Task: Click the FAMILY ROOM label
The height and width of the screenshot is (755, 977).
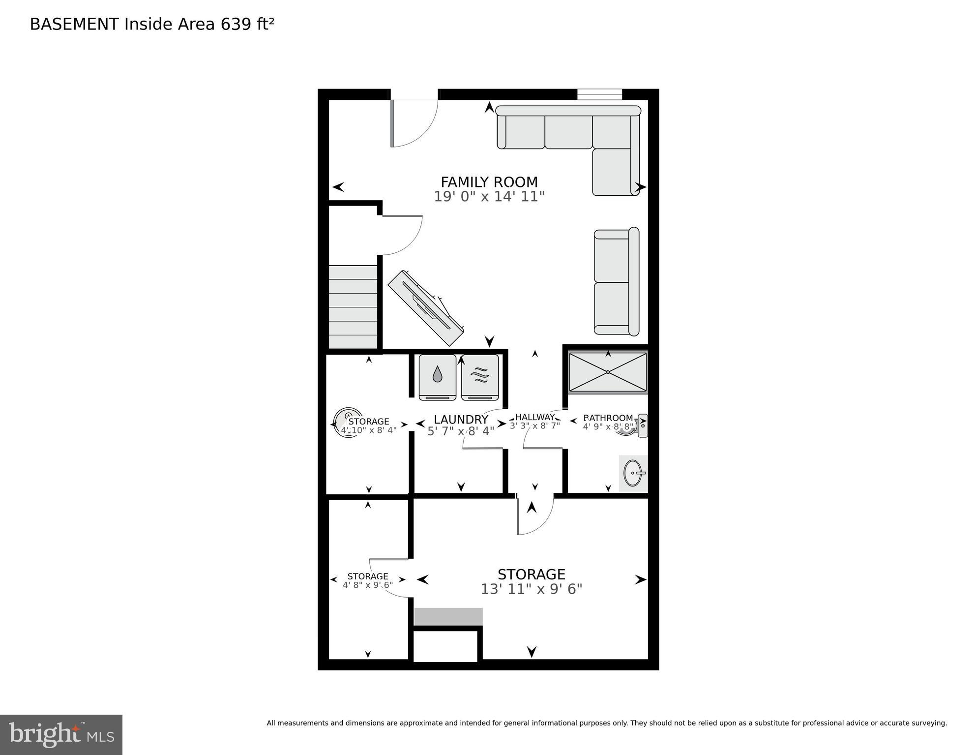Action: tap(489, 181)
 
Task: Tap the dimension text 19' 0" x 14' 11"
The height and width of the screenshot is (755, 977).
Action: tap(489, 197)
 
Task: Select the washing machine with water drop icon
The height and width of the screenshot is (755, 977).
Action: tap(437, 376)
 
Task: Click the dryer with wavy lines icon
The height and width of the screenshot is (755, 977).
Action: tap(480, 376)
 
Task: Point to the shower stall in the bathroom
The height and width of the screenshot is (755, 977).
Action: tap(608, 372)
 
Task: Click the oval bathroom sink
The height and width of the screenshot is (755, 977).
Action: tap(633, 473)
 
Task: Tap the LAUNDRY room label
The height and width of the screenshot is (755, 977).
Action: tap(461, 420)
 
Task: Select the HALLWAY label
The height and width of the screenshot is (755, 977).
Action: tap(534, 417)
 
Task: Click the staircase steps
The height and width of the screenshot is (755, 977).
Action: tap(353, 307)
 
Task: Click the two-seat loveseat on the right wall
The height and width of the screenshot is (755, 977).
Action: tap(616, 282)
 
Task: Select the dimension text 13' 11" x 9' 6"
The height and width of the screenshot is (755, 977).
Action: tap(531, 589)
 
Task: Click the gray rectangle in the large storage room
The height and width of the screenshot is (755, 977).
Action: tap(448, 616)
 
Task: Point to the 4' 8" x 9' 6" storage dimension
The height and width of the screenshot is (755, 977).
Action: tap(368, 585)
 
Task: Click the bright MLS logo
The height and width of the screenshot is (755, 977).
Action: tap(61, 734)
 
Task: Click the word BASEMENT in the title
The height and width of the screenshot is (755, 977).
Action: tap(74, 24)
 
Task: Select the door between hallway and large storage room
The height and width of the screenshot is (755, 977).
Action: tap(535, 515)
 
